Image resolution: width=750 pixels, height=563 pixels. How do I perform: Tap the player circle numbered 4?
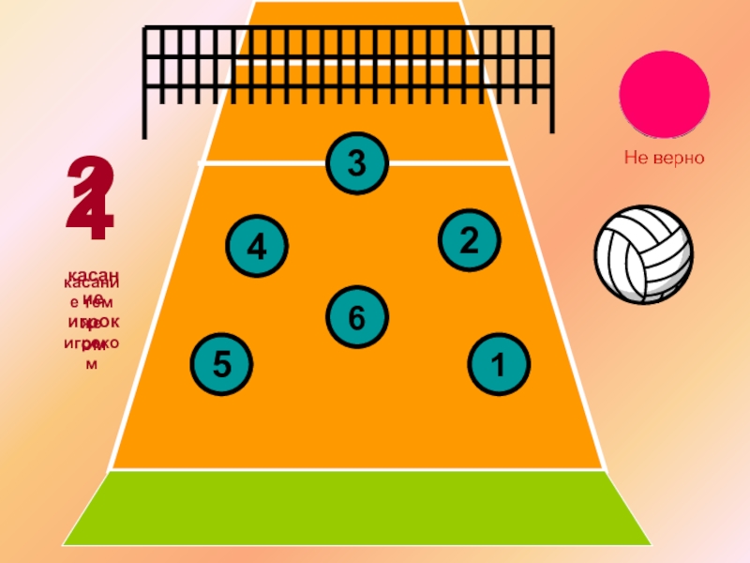[257, 246]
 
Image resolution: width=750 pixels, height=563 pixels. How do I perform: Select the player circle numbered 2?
[470, 239]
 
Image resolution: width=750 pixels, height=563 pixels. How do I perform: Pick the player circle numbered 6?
[356, 316]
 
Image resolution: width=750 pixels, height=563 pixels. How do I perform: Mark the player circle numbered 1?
[498, 363]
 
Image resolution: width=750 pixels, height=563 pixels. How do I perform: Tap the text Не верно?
[665, 159]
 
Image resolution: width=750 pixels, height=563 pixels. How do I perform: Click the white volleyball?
[643, 253]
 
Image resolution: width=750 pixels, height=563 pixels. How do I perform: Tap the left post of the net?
[146, 84]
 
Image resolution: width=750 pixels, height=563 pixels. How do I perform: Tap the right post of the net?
[551, 80]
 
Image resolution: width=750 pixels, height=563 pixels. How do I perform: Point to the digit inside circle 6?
[356, 317]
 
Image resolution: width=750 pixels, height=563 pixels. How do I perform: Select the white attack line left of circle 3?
[262, 163]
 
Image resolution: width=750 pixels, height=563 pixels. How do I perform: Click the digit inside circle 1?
[498, 363]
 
